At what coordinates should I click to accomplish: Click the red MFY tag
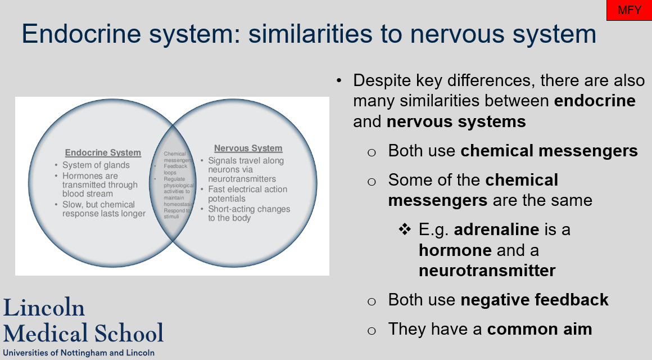coord(629,10)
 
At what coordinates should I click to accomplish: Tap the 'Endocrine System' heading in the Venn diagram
coord(103,152)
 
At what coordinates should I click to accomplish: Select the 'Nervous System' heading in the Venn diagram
coord(248,148)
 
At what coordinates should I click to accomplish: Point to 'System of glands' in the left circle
coord(96,165)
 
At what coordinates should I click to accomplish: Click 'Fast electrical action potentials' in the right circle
coord(247,194)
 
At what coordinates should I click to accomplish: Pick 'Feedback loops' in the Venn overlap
coord(175,169)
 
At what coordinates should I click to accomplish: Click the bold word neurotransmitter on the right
coord(487,271)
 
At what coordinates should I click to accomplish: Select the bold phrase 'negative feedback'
coord(534,300)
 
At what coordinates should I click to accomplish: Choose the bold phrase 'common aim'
coord(539,329)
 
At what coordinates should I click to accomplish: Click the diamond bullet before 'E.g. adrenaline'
coord(405,229)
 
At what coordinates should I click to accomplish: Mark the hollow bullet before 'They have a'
coord(371,330)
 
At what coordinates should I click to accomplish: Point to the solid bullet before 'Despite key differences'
coord(339,80)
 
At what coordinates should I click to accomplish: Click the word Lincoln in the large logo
coord(44,308)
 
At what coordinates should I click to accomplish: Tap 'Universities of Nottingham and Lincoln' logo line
coord(79,353)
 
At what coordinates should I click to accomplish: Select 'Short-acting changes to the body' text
coord(249,213)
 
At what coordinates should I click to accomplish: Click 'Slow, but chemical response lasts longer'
coord(103,209)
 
